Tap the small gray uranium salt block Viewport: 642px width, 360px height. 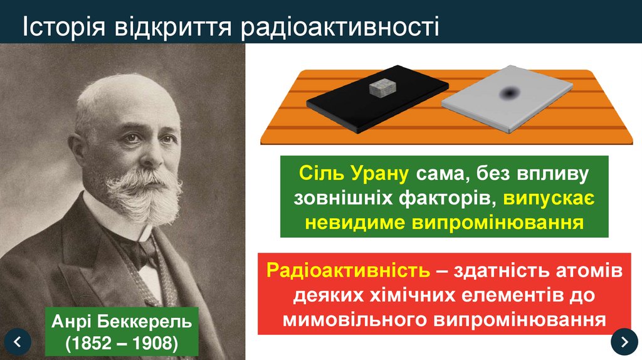click(382, 88)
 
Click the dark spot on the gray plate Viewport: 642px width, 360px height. click(508, 94)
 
